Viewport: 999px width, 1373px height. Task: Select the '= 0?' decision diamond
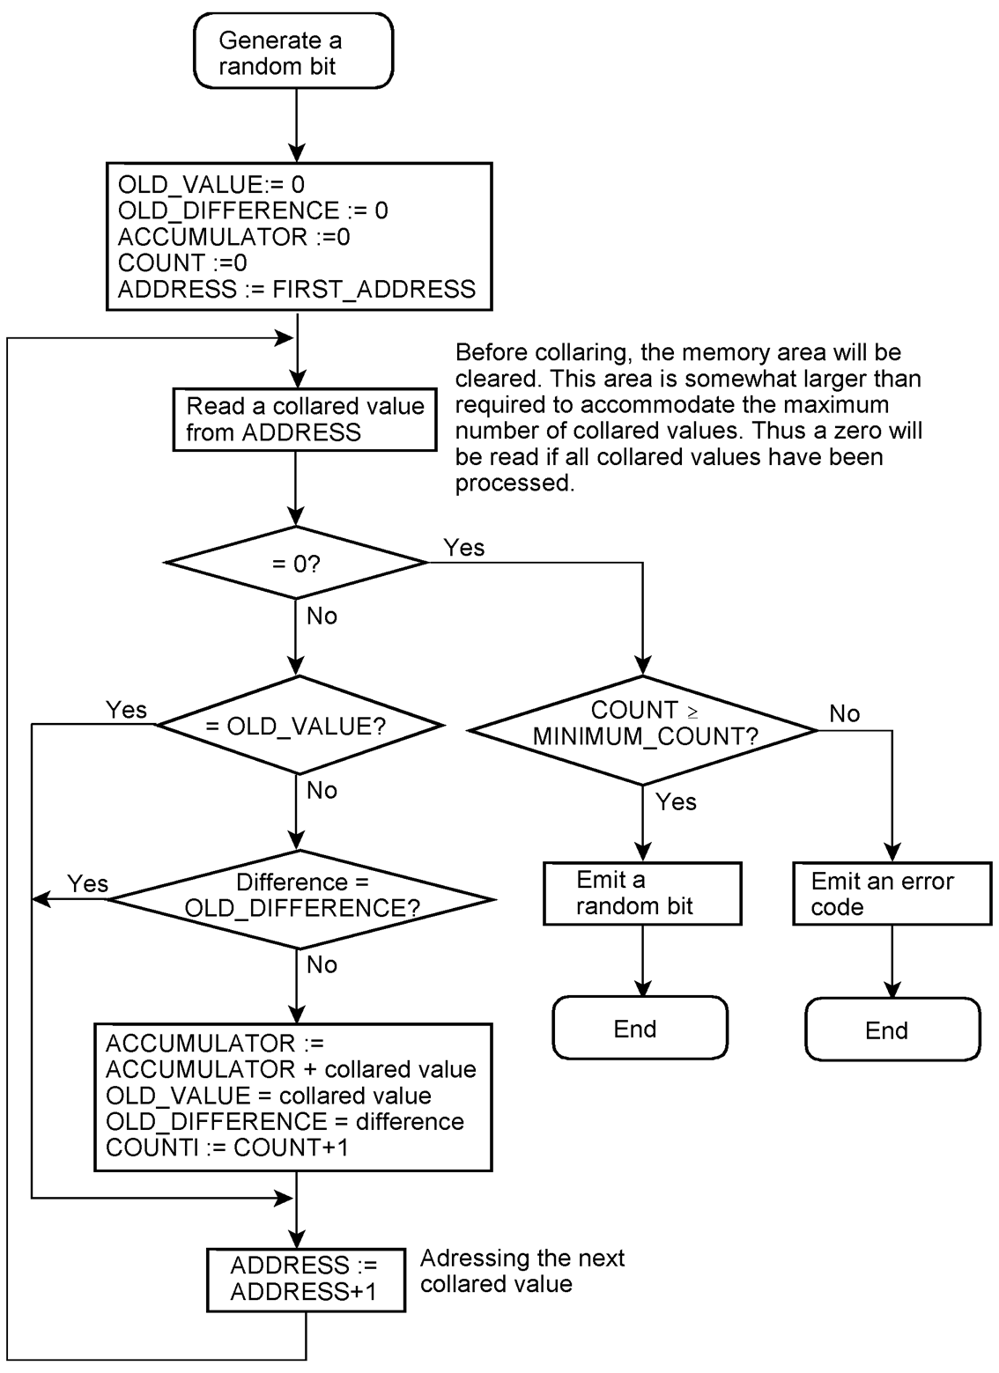(296, 563)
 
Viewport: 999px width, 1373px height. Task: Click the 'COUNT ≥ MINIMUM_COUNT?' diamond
(644, 724)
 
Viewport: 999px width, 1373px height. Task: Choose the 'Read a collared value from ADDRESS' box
(305, 419)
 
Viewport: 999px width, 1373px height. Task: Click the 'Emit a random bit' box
(642, 893)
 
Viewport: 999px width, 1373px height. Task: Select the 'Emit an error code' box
(892, 894)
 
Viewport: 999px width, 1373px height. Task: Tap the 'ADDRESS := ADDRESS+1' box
(305, 1279)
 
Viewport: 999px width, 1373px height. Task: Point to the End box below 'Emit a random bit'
(640, 1029)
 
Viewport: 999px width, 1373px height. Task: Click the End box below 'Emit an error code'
(892, 1030)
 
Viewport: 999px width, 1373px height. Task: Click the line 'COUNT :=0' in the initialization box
(182, 262)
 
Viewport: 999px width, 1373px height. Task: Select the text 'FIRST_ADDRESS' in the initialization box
(374, 289)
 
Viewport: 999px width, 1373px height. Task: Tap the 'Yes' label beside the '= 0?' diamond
(464, 548)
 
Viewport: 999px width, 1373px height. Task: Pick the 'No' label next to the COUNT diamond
(844, 713)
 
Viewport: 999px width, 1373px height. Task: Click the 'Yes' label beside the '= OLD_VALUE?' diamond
(126, 710)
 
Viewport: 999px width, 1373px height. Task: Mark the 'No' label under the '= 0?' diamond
(322, 616)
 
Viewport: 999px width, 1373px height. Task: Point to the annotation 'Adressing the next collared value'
(522, 1271)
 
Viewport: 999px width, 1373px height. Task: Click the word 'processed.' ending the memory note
(514, 483)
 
